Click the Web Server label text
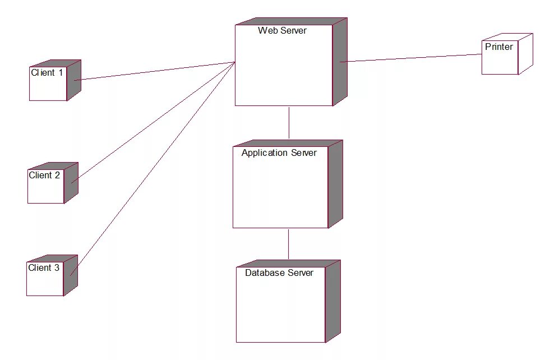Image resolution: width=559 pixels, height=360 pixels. tap(282, 31)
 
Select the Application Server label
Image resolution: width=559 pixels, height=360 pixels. tap(279, 153)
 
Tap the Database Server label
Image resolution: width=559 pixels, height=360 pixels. tap(279, 273)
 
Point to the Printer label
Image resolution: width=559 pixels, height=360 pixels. tap(498, 47)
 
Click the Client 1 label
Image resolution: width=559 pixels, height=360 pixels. tap(47, 73)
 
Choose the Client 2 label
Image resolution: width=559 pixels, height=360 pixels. tap(44, 176)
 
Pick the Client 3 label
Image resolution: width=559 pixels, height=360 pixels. tap(43, 268)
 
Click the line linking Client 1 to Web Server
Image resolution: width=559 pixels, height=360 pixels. tap(154, 71)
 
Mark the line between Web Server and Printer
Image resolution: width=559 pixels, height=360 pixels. tap(412, 58)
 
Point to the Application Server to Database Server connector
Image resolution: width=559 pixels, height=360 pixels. tap(289, 244)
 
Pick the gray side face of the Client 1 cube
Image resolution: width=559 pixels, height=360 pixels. tap(74, 80)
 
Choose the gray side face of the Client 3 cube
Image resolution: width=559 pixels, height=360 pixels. tap(71, 275)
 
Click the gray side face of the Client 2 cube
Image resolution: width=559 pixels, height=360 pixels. tap(71, 182)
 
